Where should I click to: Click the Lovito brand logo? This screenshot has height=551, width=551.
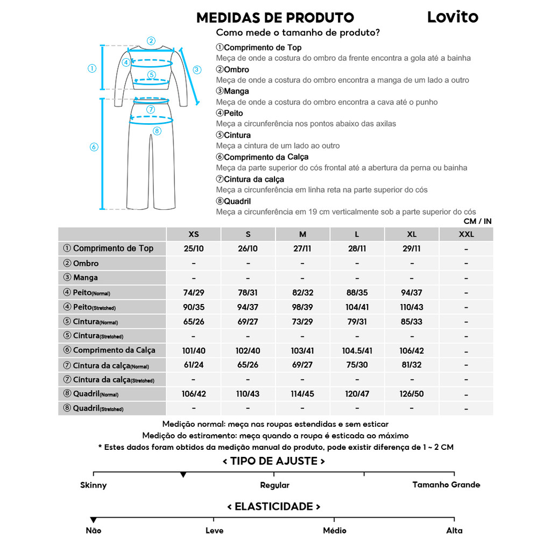pos(453,17)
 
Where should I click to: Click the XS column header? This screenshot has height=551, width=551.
pos(194,234)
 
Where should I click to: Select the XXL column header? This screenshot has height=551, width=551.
pos(466,234)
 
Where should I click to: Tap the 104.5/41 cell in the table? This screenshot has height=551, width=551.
pos(357,351)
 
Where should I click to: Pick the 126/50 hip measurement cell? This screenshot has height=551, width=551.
pos(412,394)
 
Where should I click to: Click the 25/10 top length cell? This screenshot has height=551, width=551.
pos(194,249)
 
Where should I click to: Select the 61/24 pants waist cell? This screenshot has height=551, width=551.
pos(194,365)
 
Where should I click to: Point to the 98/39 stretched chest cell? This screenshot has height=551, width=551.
pos(302,307)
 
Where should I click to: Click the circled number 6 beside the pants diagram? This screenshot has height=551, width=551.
pos(94,147)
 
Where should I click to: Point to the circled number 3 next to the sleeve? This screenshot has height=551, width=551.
pos(197,69)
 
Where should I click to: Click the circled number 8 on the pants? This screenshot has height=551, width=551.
pos(157,131)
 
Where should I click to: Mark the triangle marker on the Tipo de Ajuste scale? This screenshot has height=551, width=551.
pos(183,475)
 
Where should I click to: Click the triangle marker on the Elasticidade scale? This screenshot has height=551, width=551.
pos(94,520)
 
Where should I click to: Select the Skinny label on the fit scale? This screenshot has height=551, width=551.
pos(94,485)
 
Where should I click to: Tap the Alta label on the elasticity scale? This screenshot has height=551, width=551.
pos(454,531)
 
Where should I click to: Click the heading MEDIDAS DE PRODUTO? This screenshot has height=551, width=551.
pos(275,18)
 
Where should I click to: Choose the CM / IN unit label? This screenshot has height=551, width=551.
pos(477,221)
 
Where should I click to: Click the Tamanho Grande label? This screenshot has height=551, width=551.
pos(446,485)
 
